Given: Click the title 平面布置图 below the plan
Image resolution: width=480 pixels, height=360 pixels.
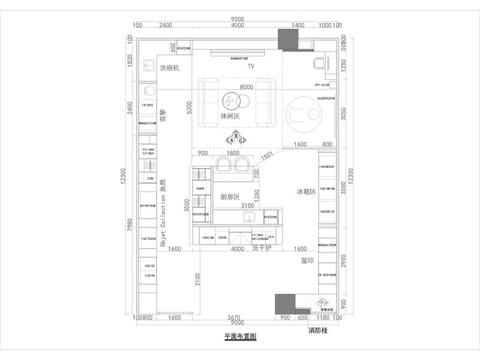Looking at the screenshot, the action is (x=240, y=337).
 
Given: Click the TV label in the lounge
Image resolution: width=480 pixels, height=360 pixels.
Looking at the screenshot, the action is (x=251, y=66).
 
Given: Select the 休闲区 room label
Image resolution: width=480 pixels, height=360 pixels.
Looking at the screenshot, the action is (x=230, y=117).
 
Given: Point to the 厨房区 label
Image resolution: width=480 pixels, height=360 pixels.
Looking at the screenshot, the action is (x=230, y=197).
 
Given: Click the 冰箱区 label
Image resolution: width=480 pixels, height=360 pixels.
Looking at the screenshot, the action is (x=306, y=192).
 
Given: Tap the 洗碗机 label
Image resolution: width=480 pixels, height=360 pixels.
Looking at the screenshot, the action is (x=170, y=68).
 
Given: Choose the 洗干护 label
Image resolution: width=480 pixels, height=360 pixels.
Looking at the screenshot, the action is (x=262, y=248).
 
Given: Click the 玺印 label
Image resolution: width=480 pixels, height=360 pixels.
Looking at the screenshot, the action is (x=308, y=261).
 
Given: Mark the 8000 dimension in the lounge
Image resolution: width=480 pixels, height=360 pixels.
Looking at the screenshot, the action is (x=247, y=87).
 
